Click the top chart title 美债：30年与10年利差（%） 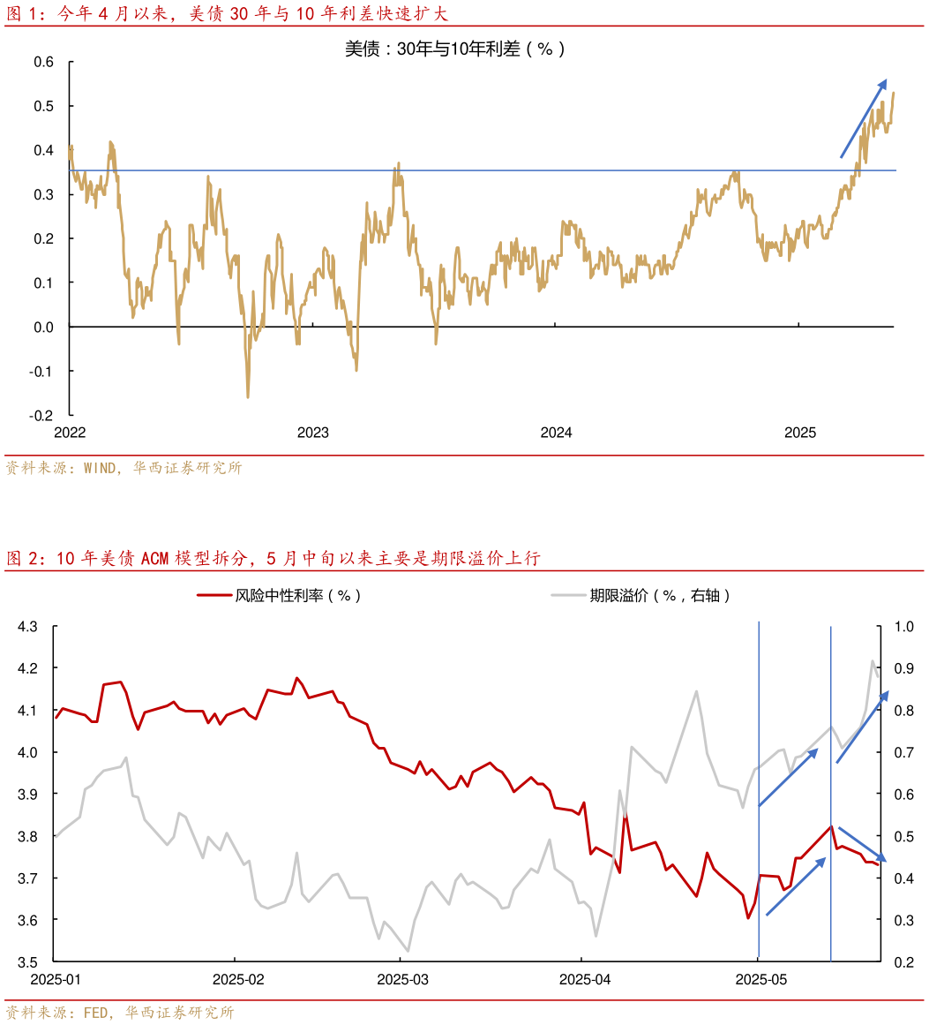tap(454, 49)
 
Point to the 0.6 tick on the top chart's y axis tap(44, 62)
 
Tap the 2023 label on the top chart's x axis tap(313, 433)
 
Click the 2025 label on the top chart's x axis tap(801, 433)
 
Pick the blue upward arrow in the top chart tap(863, 118)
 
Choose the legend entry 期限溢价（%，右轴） tap(660, 595)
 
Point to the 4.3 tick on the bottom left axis tap(27, 627)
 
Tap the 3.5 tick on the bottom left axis tap(27, 961)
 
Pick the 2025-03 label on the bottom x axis tap(402, 979)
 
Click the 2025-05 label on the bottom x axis tap(761, 979)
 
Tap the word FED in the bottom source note tap(95, 1013)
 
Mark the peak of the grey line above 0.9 tap(873, 660)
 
